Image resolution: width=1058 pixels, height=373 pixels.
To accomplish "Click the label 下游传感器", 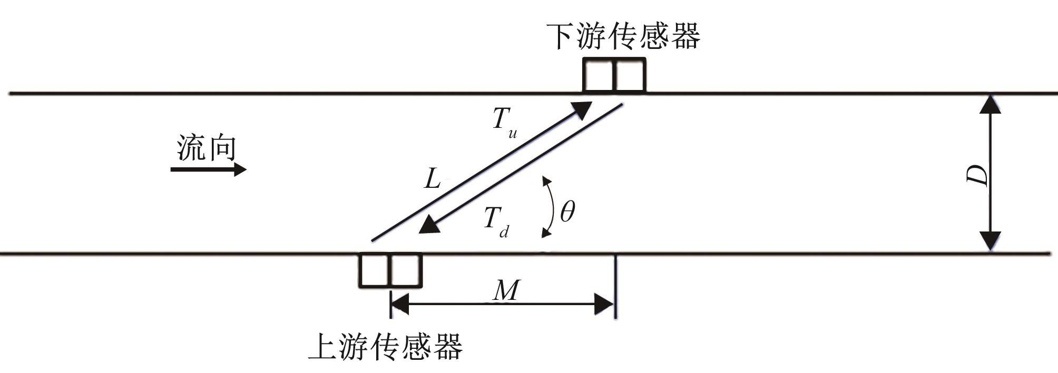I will pos(623,36).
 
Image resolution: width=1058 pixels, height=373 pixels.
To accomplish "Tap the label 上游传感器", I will pos(385,347).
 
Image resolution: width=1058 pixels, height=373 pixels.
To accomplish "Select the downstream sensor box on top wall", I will pos(614,75).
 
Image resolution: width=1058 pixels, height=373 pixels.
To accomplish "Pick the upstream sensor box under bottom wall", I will pos(390,270).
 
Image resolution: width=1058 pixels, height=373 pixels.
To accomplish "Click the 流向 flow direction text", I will pos(207,148).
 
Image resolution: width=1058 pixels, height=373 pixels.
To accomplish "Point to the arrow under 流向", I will pos(208,169).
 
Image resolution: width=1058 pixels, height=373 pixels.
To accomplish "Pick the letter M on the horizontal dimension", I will pos(506,290).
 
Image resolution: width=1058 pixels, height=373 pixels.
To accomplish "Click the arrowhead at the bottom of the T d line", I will pos(429,225).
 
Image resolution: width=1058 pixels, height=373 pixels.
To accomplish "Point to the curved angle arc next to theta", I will pos(550,208).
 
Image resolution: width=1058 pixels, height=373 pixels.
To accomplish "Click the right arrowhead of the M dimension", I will pos(604,304).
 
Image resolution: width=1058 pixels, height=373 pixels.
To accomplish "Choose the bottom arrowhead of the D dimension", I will pos(990,241).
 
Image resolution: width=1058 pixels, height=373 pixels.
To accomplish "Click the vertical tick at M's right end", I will pos(615,287).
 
